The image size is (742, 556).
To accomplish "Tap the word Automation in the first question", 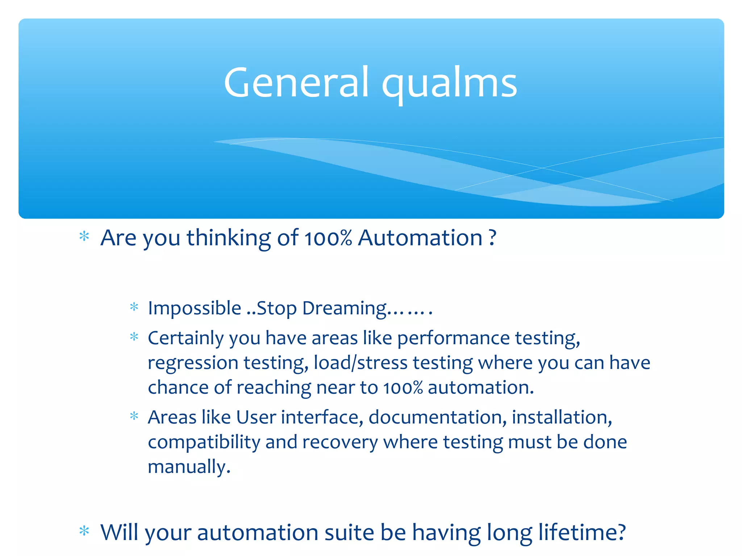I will pyautogui.click(x=420, y=238).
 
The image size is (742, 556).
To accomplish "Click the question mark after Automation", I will pyautogui.click(x=492, y=238).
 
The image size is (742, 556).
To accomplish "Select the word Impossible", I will pyautogui.click(x=195, y=308).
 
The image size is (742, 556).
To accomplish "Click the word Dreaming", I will pyautogui.click(x=344, y=309).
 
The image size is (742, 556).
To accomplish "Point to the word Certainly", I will pyautogui.click(x=186, y=338).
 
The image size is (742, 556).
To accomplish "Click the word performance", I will pyautogui.click(x=454, y=338).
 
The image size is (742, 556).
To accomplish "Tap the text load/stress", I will pyautogui.click(x=360, y=362).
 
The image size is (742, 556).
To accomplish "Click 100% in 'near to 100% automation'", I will pyautogui.click(x=403, y=388).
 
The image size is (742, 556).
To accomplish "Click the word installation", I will pyautogui.click(x=562, y=417).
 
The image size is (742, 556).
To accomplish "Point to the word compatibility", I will pyautogui.click(x=204, y=442).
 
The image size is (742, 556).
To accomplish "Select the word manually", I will pyautogui.click(x=189, y=467).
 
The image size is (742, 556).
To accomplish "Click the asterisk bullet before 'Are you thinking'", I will pyautogui.click(x=84, y=236).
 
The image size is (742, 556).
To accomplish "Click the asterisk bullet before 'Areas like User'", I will pyautogui.click(x=134, y=416).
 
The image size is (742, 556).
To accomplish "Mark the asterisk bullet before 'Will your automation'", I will pyautogui.click(x=84, y=531).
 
